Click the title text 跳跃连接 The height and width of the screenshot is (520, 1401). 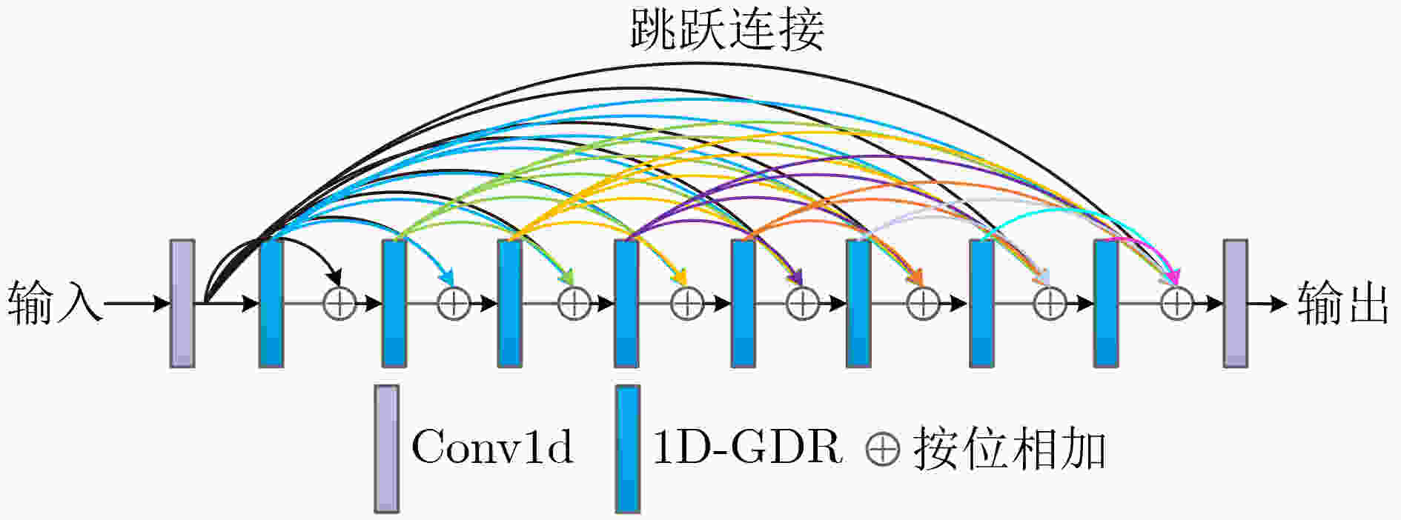tap(727, 30)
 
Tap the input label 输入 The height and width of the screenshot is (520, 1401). tap(54, 303)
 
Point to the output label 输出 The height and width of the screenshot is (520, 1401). tap(1343, 303)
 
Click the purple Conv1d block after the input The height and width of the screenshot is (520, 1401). tap(182, 303)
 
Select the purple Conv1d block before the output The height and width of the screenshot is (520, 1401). tap(1235, 303)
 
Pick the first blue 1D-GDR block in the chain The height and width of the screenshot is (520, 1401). tap(271, 303)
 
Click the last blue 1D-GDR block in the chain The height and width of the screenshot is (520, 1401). tap(1106, 303)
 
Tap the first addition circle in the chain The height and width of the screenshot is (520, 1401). tap(340, 304)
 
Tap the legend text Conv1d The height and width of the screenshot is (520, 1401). tap(492, 447)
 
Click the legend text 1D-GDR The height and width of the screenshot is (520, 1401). tap(747, 447)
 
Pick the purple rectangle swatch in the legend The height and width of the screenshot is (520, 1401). tap(386, 448)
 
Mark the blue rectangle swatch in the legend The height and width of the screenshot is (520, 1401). tap(628, 448)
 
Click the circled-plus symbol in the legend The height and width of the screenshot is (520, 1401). tap(883, 449)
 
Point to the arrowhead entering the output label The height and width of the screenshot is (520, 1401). tap(1279, 303)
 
